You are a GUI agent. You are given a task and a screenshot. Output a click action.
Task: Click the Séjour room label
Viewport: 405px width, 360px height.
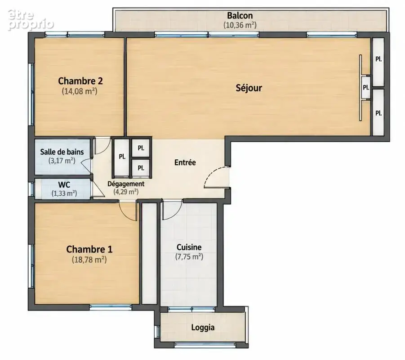tap(249, 88)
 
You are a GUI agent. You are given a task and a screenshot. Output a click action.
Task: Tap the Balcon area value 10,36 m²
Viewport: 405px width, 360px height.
tap(240, 25)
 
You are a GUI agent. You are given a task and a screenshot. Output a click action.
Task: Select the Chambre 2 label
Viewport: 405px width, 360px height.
tap(80, 81)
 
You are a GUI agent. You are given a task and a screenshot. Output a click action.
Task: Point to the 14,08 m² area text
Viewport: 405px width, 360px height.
tap(80, 91)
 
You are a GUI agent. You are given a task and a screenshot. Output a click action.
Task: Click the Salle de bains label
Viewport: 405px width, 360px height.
tap(62, 152)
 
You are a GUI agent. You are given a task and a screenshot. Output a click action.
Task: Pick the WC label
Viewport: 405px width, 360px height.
tap(64, 185)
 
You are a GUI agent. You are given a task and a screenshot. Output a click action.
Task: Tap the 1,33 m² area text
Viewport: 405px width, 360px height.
tap(64, 193)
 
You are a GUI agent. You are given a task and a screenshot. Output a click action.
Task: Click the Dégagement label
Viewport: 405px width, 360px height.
tap(126, 184)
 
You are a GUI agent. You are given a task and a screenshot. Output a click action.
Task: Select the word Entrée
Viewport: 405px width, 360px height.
tap(185, 162)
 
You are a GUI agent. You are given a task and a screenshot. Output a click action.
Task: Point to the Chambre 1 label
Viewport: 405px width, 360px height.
tap(89, 249)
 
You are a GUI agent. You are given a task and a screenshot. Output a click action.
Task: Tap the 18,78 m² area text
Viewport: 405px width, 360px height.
tap(89, 259)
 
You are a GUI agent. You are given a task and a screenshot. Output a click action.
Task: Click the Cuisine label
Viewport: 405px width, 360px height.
tap(189, 247)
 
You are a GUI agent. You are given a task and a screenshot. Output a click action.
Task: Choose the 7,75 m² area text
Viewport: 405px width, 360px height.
tap(189, 257)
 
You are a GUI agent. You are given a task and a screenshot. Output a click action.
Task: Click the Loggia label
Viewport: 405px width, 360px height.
tap(203, 328)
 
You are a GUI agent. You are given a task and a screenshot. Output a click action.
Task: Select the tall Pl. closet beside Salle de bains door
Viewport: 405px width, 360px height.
tap(121, 157)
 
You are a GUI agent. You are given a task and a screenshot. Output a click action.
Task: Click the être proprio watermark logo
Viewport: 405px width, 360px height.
tap(31, 20)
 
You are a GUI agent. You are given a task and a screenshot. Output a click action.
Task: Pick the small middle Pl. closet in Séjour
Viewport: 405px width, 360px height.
tap(366, 87)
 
